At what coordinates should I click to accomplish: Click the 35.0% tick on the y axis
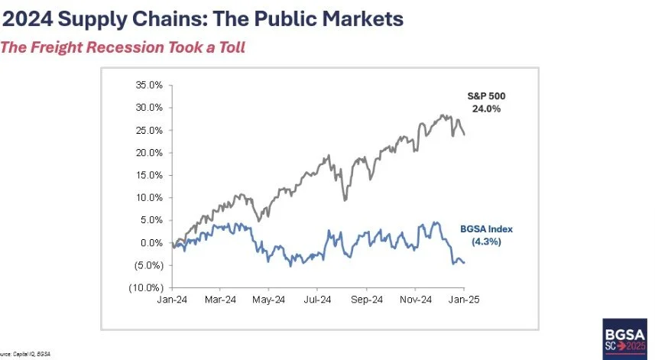(x=149, y=85)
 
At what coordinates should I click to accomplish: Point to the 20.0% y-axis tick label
(x=149, y=153)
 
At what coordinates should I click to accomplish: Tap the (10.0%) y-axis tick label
(x=147, y=288)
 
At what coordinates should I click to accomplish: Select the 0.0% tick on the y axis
(x=151, y=243)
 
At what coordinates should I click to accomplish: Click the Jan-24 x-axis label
(x=173, y=300)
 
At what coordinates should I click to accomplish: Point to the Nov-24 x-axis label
(x=416, y=300)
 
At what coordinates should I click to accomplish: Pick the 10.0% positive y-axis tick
(x=149, y=198)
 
